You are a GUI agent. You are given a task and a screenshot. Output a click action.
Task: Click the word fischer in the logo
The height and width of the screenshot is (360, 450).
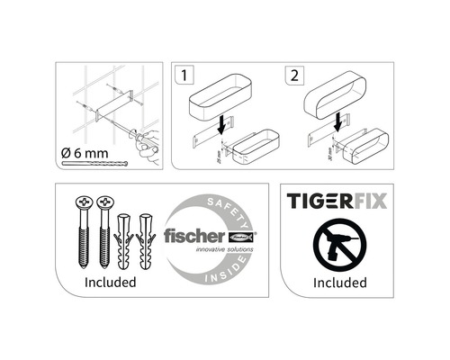[x=189, y=236]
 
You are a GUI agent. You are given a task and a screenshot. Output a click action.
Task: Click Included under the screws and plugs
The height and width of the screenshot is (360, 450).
[x=110, y=282]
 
